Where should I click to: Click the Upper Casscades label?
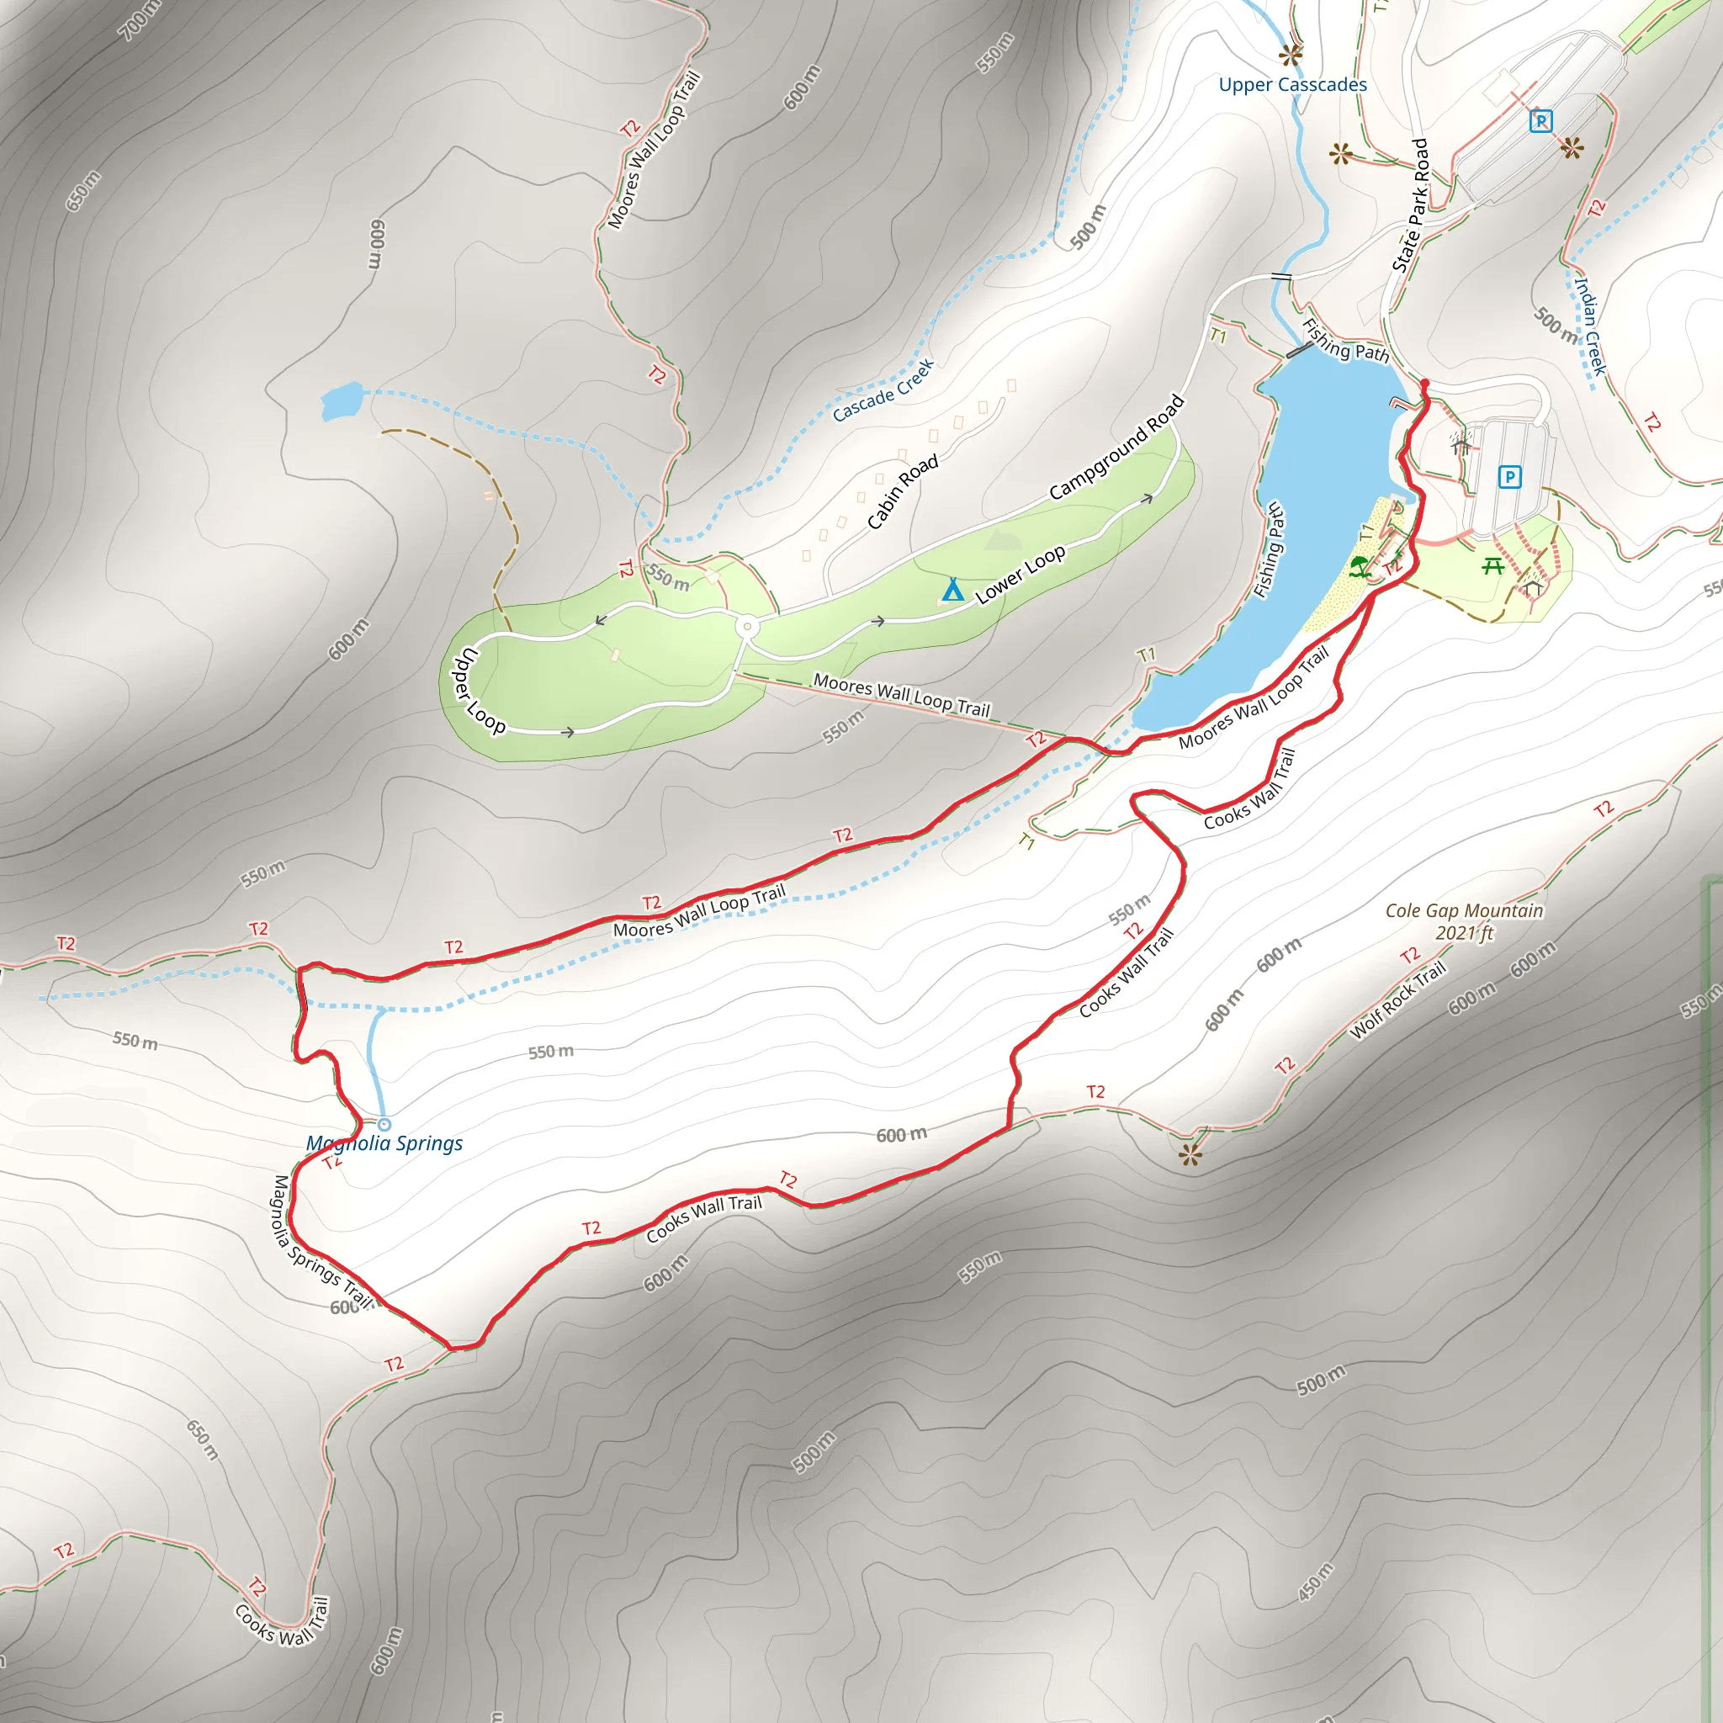click(1292, 85)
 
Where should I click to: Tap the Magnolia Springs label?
click(384, 1143)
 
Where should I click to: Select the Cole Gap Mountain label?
click(1464, 910)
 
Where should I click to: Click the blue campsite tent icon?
click(952, 590)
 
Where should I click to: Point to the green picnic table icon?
click(1492, 565)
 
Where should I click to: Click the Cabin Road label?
click(903, 491)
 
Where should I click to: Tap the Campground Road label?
click(1116, 447)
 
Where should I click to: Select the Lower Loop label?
click(1021, 575)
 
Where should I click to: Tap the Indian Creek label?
click(1589, 326)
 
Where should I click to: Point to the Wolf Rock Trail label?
click(1397, 1000)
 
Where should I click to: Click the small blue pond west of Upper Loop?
click(342, 400)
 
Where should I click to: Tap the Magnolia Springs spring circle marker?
click(384, 1125)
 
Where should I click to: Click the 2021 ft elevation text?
click(1465, 933)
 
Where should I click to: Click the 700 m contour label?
click(140, 19)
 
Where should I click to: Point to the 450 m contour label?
click(1316, 1581)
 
